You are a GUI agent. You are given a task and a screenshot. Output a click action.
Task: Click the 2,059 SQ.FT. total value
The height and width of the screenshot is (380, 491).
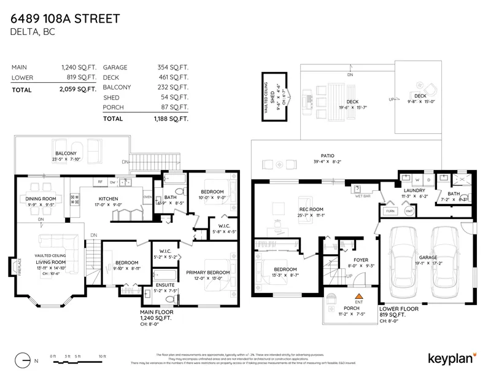tap(79, 90)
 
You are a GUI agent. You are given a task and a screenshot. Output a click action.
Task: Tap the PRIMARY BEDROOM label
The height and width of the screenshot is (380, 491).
tap(207, 272)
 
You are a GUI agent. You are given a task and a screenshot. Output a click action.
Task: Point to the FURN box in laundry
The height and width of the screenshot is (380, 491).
tap(390, 211)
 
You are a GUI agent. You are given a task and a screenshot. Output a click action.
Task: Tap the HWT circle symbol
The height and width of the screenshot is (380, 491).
tap(409, 211)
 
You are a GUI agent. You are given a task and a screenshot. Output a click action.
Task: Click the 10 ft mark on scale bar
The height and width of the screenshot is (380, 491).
tap(102, 356)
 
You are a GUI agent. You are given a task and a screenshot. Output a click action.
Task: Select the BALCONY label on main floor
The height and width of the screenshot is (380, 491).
tap(66, 153)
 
